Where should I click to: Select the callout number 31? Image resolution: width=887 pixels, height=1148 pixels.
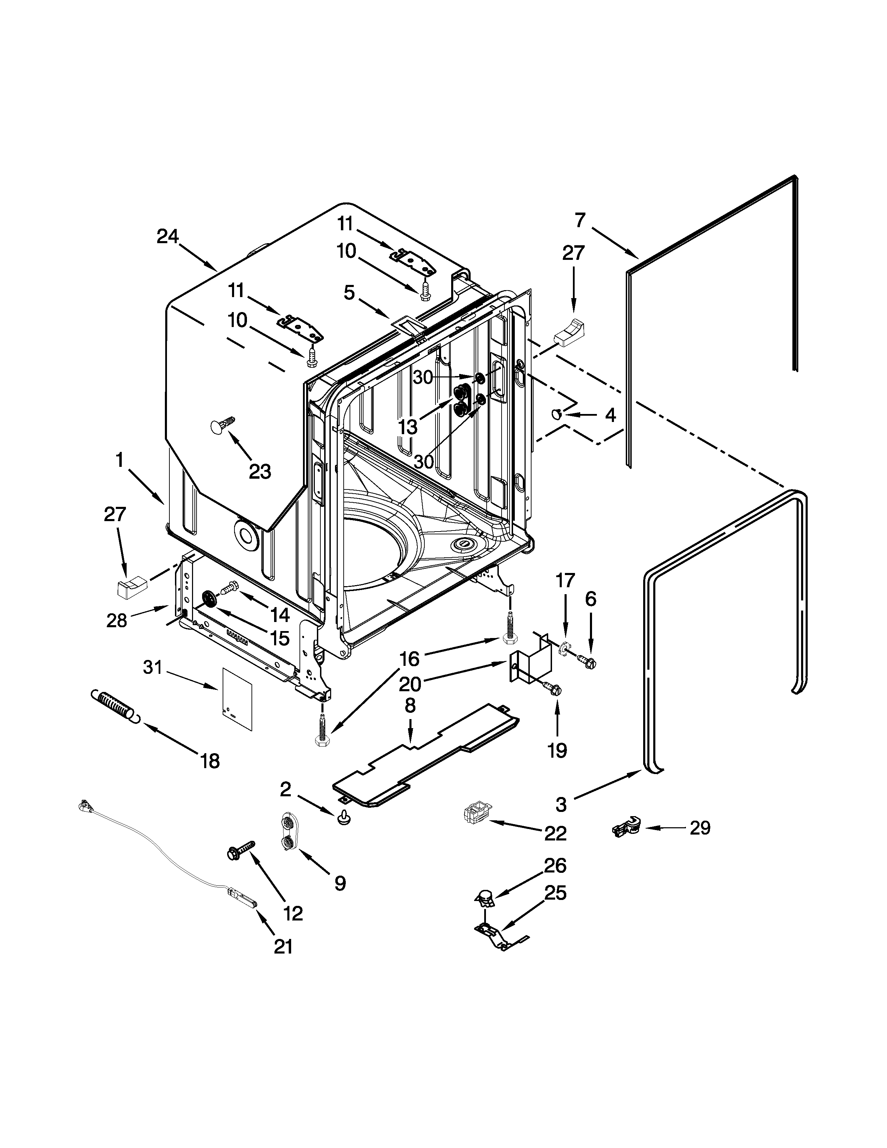point(152,668)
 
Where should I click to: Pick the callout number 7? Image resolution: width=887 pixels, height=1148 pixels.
point(580,220)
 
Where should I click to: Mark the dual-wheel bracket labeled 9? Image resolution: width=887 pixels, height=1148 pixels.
point(288,832)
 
